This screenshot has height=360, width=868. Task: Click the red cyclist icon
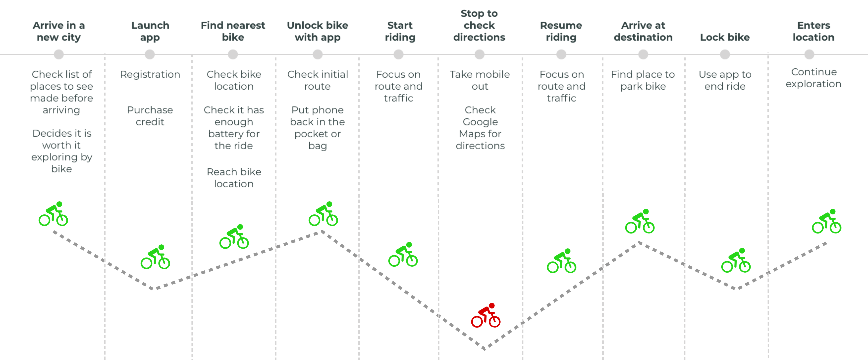pos(486,315)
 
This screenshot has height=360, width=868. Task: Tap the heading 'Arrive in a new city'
pos(59,31)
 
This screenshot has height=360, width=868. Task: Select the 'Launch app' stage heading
pos(150,31)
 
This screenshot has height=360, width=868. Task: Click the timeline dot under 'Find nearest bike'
pos(233,54)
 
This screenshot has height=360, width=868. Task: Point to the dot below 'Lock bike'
pos(725,54)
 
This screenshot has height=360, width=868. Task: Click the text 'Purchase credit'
pos(150,116)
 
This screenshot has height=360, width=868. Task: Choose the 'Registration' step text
pos(150,75)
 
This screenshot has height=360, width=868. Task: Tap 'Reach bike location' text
pos(234,178)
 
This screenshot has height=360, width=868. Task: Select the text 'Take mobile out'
pos(480,80)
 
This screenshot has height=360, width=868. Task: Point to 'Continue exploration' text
pos(814,78)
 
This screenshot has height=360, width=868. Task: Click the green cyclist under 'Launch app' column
pos(155,257)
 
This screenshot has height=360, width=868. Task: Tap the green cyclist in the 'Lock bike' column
pos(736,260)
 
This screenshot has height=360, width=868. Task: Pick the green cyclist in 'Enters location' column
pos(827,221)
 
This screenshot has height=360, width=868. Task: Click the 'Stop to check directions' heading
pos(479,25)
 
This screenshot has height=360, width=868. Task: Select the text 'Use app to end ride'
pos(725,80)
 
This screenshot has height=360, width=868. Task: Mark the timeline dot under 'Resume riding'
pos(561,54)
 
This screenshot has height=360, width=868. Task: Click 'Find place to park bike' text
pos(643,80)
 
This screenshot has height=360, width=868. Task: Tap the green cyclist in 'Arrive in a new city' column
pos(53,214)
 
